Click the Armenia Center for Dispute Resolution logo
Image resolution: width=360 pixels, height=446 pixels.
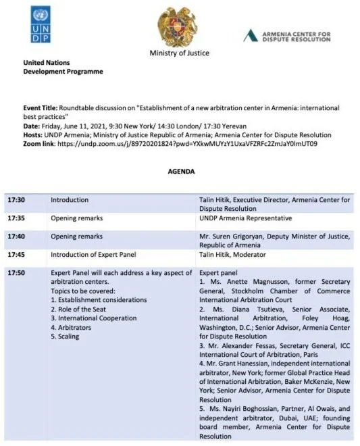tap(286, 35)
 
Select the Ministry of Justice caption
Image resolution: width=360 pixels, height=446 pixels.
tap(180, 53)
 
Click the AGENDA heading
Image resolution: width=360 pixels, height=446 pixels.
tap(181, 172)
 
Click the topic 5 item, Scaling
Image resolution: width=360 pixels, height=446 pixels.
tap(68, 336)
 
